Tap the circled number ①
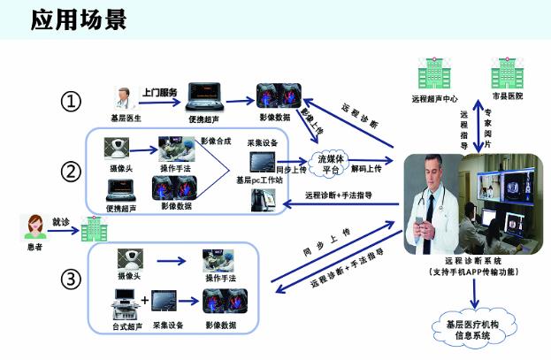[72, 102]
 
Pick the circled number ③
[72, 279]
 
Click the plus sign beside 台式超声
[145, 299]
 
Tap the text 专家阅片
[488, 126]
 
